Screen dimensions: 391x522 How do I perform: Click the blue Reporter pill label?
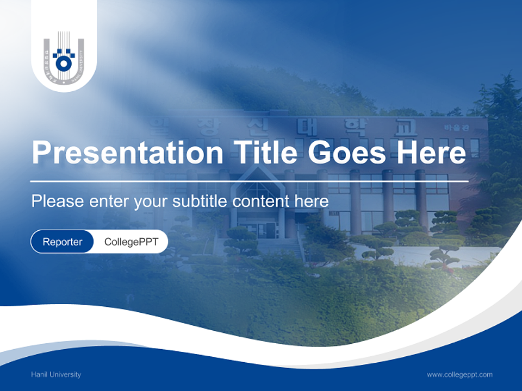(63, 242)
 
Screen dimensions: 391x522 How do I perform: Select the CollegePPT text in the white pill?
(131, 242)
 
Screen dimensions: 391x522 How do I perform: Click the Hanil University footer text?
(56, 375)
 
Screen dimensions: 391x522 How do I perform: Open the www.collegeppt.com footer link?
(459, 375)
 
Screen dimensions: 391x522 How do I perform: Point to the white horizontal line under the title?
(250, 181)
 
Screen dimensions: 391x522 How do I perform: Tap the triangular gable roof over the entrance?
(256, 179)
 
